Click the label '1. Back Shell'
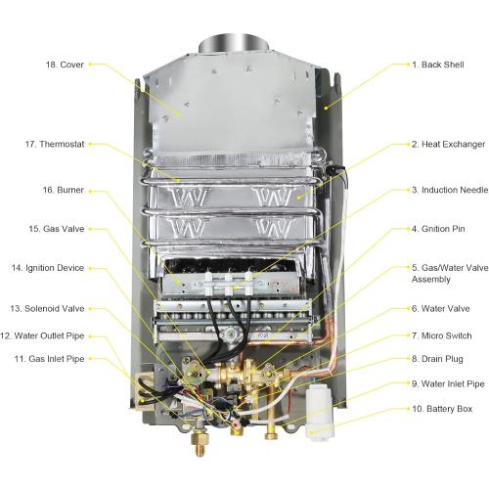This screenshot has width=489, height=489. (438, 65)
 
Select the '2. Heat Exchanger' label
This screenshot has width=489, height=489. (448, 144)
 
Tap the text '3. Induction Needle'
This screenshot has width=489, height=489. (450, 190)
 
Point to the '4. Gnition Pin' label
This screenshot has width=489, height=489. (438, 229)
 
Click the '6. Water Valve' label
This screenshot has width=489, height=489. (440, 308)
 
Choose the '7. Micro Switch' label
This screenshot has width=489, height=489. (441, 335)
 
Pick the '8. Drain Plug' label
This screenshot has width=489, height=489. (437, 359)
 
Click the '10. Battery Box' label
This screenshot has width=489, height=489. (442, 409)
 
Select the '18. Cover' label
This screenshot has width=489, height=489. (65, 65)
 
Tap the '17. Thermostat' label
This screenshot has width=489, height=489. (55, 144)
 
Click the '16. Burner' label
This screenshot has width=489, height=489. (64, 190)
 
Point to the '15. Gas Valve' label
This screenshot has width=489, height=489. (57, 229)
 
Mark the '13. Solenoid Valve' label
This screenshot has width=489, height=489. (47, 308)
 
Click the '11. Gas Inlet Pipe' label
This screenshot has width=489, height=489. (49, 359)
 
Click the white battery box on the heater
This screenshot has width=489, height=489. (320, 412)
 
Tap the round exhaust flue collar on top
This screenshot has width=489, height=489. (234, 45)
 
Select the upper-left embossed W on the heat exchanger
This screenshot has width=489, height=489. (189, 197)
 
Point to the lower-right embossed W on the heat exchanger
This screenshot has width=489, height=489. (273, 228)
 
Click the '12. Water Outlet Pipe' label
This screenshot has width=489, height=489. (42, 335)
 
